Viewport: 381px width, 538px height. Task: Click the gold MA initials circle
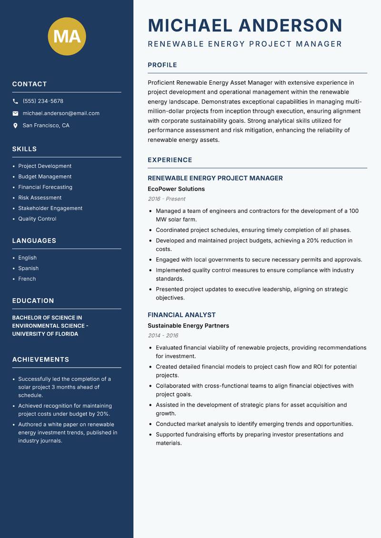67,36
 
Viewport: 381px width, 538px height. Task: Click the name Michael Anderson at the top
245,25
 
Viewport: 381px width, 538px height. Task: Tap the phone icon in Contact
15,101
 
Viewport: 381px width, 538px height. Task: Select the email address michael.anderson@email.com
61,113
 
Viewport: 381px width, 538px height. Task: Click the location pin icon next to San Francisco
15,126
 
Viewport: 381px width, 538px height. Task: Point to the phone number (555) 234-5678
43,101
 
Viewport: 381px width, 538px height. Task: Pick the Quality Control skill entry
37,219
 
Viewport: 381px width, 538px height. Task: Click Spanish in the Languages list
28,269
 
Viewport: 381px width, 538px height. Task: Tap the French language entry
27,279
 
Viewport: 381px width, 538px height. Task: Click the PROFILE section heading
162,65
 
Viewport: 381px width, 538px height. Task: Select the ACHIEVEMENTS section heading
40,359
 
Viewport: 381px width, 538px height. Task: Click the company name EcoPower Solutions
176,189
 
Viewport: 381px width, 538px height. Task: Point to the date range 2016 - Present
166,199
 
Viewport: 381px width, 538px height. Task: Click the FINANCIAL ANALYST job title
181,315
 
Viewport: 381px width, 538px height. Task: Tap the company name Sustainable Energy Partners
188,326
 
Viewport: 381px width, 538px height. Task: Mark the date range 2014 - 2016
163,336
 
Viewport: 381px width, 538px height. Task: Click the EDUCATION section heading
33,301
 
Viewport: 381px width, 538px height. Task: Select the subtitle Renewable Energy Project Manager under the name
245,44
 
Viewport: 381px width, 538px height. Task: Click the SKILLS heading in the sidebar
24,149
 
